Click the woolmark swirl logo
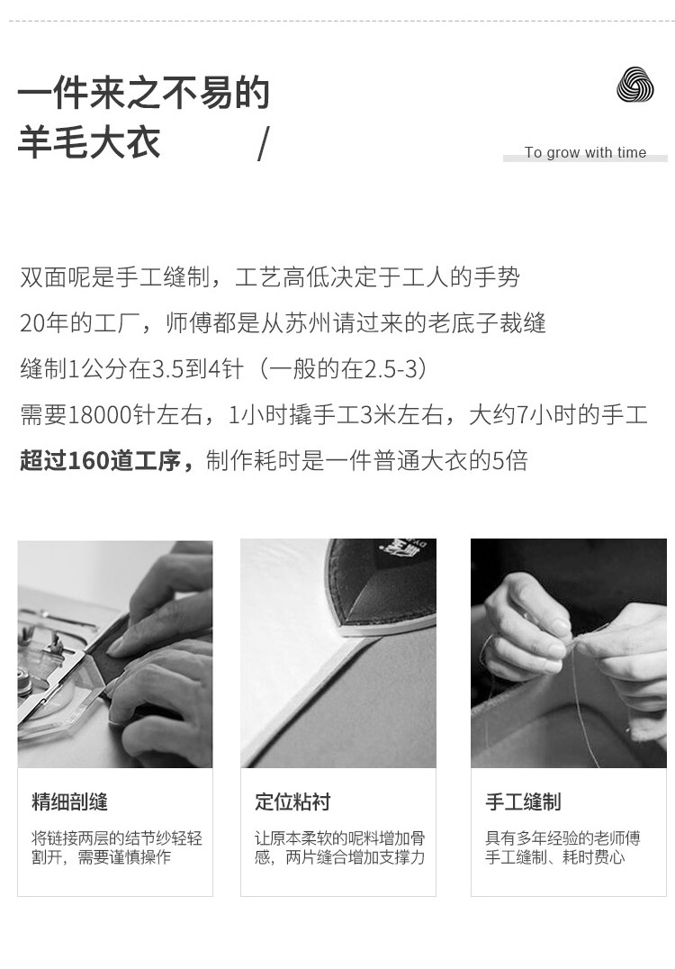[634, 86]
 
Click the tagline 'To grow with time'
[586, 152]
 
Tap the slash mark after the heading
[264, 144]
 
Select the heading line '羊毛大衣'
[89, 141]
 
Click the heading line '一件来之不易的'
[144, 93]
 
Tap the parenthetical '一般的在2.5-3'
[344, 369]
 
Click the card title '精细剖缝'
[70, 801]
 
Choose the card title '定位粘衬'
[292, 801]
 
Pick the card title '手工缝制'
[523, 801]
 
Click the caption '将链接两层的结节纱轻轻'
[117, 838]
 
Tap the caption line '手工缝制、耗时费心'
[554, 857]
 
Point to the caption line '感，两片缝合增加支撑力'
[339, 857]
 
